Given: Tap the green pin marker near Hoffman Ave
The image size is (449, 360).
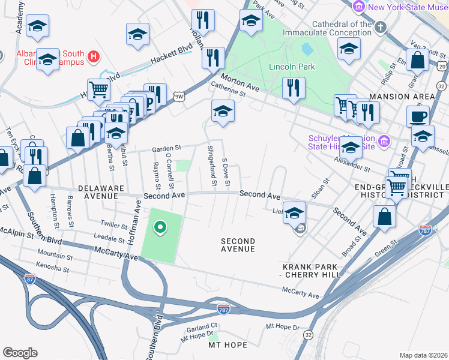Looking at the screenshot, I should click(160, 227).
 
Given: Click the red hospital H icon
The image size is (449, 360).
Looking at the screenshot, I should click(93, 57).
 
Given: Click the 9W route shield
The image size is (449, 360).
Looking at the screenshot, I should click(178, 95).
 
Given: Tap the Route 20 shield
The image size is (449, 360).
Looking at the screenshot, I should click(442, 65).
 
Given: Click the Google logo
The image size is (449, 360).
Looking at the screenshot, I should click(20, 353).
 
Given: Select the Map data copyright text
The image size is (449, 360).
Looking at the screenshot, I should click(423, 355).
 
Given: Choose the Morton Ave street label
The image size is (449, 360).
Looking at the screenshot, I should click(239, 83).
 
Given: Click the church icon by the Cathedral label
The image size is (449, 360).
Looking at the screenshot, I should click(380, 27).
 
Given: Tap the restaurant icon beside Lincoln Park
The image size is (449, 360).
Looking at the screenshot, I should click(293, 86).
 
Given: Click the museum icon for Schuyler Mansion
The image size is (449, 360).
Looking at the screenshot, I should click(385, 141).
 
